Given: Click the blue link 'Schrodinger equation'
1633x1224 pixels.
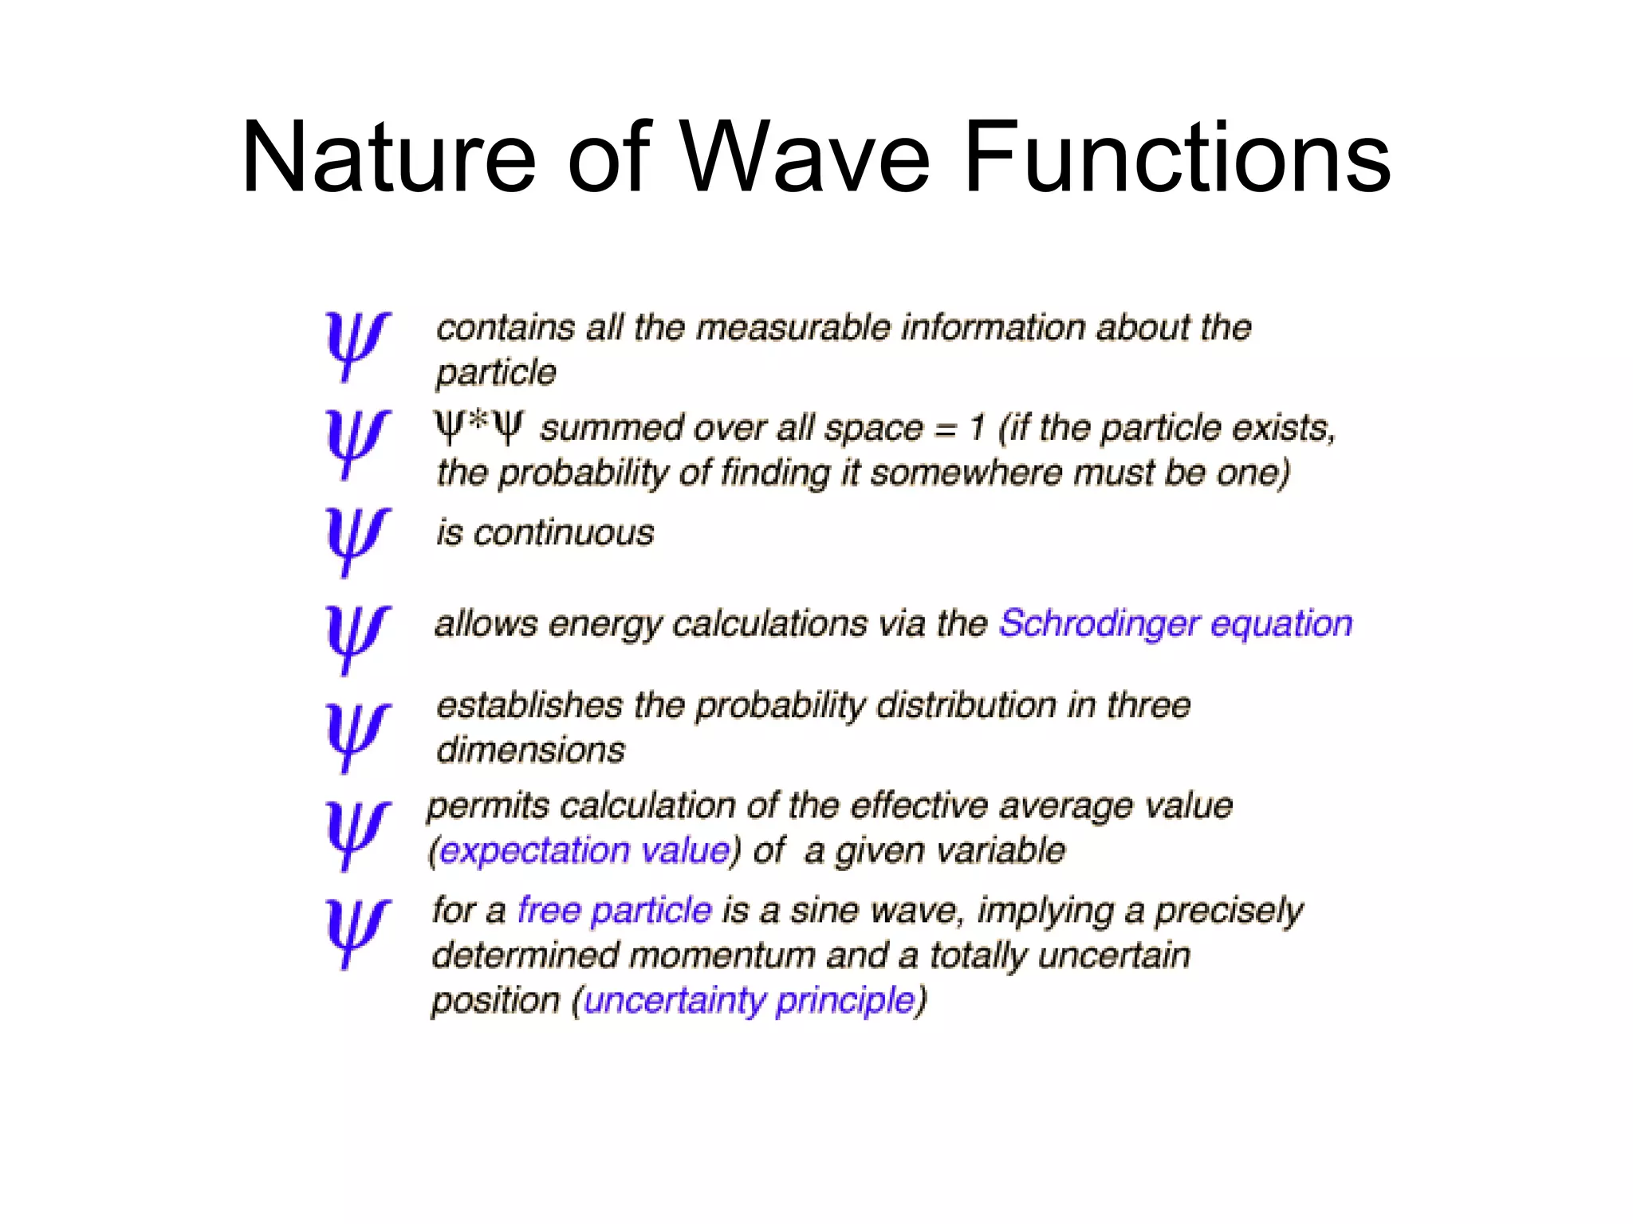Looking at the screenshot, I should [x=1175, y=624].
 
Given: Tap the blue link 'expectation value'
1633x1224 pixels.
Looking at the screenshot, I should [x=584, y=851].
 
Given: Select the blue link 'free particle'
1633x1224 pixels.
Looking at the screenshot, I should [x=614, y=910].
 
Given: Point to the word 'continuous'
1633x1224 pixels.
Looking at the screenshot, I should [x=564, y=533].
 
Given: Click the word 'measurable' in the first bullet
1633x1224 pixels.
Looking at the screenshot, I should [x=793, y=328].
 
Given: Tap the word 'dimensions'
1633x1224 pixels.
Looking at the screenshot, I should [x=531, y=751].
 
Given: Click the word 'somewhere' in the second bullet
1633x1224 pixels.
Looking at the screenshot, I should [x=966, y=473].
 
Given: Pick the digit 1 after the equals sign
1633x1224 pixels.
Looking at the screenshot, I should [x=977, y=429].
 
